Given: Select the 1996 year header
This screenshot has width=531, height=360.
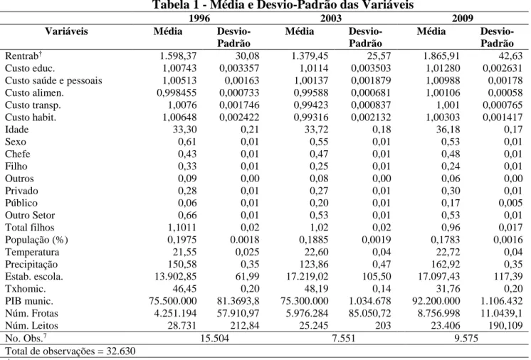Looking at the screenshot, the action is pos(199,18).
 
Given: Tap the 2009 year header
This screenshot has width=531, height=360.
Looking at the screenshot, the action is pos(462,18).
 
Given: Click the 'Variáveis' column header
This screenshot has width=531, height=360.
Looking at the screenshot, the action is pos(66,31).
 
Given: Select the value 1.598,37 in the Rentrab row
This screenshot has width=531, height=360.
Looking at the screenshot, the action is pos(178,55).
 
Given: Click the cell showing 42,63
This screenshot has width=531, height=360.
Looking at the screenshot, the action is pos(510,55).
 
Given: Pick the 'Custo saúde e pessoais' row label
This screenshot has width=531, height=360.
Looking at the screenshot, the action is pos(53,80).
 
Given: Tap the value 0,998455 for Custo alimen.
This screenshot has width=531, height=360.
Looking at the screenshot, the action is pos(177,92).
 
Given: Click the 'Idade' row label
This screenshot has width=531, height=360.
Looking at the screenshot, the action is pos(16,129).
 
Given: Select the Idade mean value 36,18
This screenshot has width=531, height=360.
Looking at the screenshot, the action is pos(448,129).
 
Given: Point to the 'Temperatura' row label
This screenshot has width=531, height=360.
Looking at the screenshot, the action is pos(32,252).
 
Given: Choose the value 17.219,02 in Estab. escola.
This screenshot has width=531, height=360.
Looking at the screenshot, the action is pos(307,277).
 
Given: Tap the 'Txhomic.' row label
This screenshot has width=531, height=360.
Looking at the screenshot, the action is pos(25,289).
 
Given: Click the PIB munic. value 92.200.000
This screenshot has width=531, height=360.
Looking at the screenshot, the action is pos(436,301).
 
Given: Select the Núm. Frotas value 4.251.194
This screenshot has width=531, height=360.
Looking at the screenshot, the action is pos(175,313).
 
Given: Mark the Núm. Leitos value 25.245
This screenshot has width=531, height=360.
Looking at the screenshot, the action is pos(314,325).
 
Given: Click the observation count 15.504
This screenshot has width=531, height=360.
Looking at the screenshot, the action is pos(215,338).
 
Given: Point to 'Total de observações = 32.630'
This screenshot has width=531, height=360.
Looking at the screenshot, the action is pos(70,351).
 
